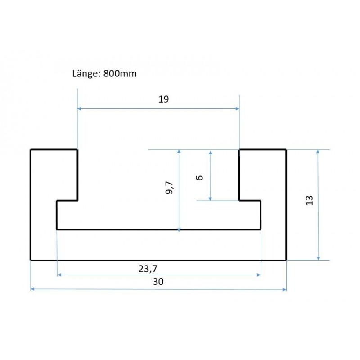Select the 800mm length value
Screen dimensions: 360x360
[120, 74]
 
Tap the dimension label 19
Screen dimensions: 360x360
[163, 99]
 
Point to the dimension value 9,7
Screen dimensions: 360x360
[169, 188]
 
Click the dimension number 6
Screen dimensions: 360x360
[199, 177]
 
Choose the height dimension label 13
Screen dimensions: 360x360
[309, 200]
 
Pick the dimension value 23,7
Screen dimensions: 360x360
[148, 269]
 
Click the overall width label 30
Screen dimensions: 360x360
[158, 282]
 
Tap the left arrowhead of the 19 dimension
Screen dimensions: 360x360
[79, 108]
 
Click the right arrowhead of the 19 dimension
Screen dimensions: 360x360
[238, 108]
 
